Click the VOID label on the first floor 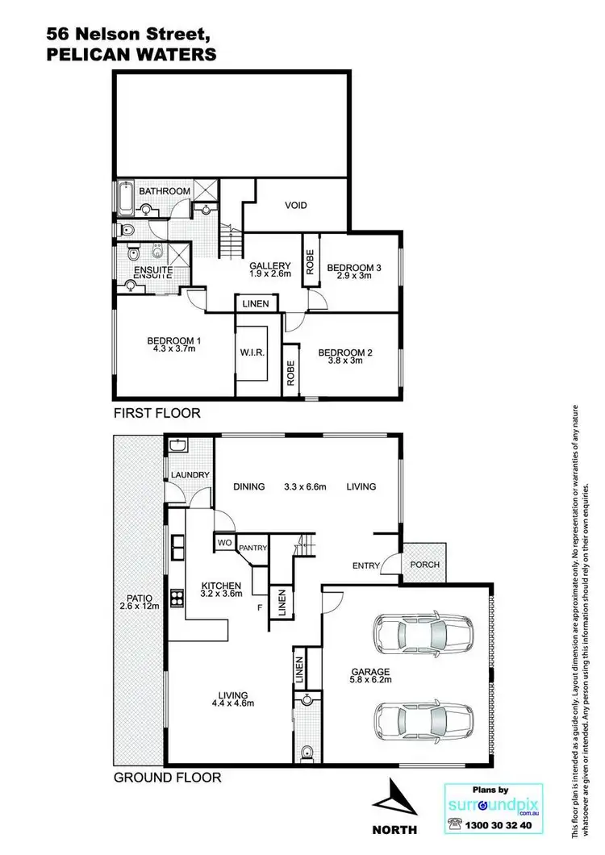(296, 206)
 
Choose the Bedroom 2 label (344, 352)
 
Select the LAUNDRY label (190, 475)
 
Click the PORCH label (425, 565)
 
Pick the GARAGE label (372, 671)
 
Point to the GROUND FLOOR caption (165, 778)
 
